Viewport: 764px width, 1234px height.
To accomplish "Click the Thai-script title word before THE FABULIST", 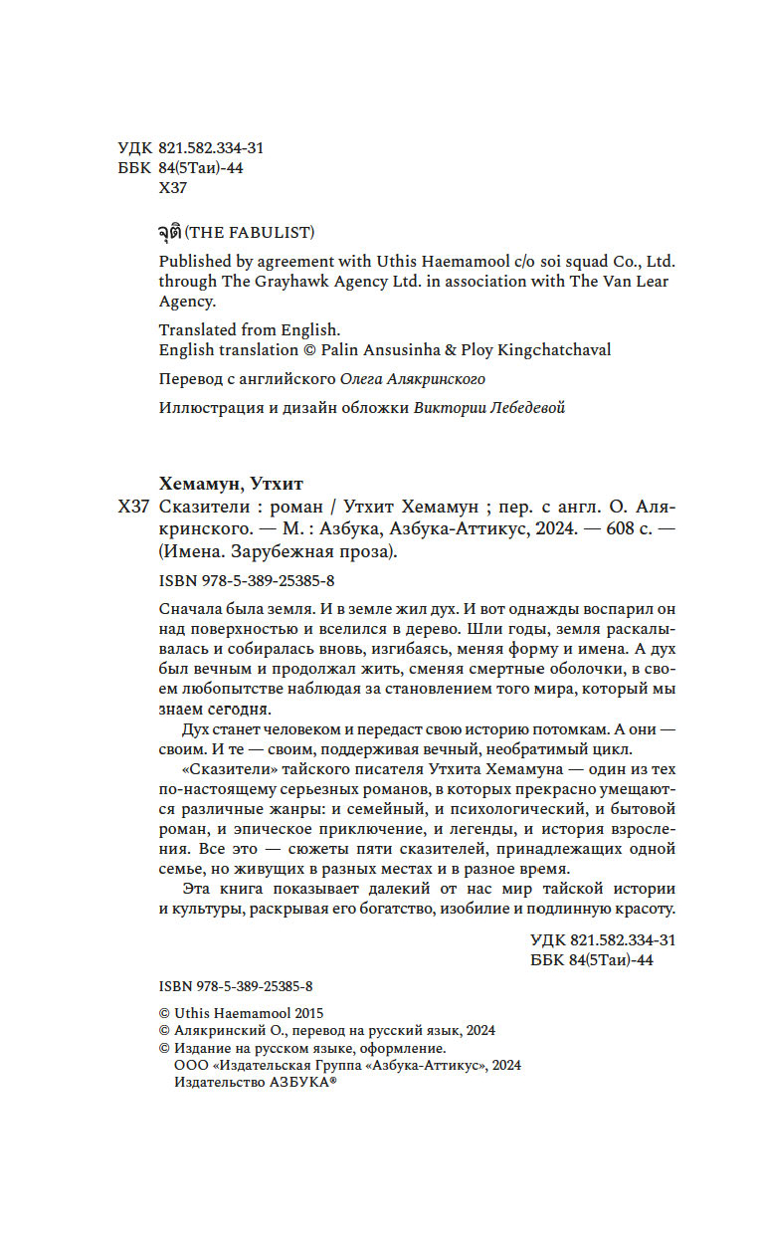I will [x=170, y=232].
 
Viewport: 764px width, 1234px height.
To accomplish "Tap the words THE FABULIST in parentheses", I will [x=250, y=233].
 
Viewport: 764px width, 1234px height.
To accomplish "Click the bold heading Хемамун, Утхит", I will [x=231, y=485].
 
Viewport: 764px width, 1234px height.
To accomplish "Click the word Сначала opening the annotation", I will [x=189, y=608].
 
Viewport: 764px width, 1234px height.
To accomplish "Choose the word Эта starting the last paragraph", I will [x=201, y=888].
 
